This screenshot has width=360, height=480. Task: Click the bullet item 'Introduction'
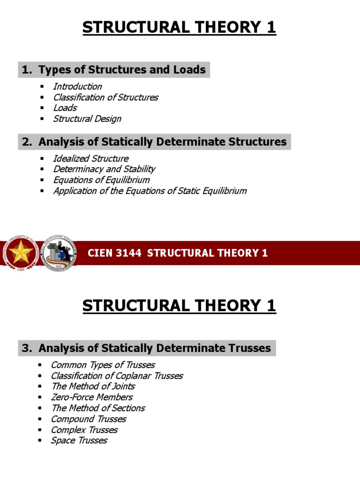(77, 86)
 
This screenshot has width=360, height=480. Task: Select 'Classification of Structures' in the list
(105, 97)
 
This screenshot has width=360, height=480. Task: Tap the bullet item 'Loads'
(65, 108)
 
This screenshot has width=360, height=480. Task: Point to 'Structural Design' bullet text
(87, 119)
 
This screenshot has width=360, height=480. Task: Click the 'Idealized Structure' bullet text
(90, 158)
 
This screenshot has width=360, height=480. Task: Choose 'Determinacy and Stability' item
(104, 169)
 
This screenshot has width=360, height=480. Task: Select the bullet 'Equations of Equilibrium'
(101, 180)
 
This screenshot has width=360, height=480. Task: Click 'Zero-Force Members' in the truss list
(91, 397)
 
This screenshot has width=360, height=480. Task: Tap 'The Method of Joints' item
(93, 386)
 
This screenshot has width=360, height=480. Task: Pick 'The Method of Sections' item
(98, 408)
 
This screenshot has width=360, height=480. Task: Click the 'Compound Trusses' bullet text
(89, 419)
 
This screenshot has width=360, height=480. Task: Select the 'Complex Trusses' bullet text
(84, 430)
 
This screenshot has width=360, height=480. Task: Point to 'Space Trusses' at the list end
(79, 441)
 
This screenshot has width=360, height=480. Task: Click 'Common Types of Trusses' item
(103, 365)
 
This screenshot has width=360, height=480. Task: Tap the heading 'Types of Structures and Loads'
(122, 70)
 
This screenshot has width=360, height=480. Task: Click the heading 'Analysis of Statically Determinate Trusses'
(155, 348)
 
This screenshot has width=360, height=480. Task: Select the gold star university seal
(20, 254)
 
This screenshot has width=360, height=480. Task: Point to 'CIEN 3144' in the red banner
(114, 254)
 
